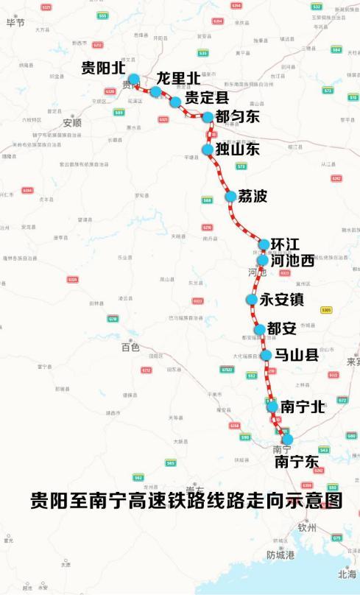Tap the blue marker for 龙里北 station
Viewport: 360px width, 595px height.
coord(155,91)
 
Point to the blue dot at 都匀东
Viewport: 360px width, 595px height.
coord(208,116)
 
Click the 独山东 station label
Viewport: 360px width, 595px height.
coord(238,149)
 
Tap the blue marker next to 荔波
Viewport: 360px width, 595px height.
coord(230,196)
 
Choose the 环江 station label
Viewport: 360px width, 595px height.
coord(285,244)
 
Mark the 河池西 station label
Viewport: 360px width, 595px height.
coord(292,260)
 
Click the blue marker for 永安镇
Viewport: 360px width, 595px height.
coord(252,299)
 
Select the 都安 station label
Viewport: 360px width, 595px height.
coord(281,328)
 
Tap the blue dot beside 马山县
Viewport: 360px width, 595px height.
coord(266,355)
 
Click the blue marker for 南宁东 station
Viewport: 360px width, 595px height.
coord(288,440)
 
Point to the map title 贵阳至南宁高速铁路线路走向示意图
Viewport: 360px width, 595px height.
coord(186,501)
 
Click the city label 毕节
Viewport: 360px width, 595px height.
coord(15,23)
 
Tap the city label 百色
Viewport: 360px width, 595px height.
coord(130,347)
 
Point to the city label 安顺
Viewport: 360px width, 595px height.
coord(72,122)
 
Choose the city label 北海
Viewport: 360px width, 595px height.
coord(347,574)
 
